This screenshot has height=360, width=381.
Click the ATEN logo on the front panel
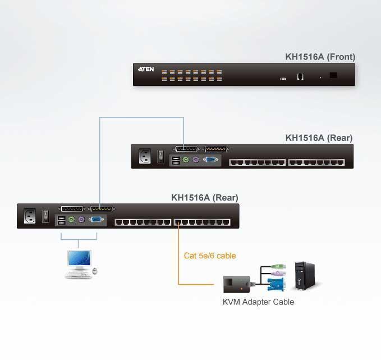tap(146, 69)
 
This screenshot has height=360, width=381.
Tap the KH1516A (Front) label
tap(320, 57)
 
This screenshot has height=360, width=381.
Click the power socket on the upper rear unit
tap(145, 156)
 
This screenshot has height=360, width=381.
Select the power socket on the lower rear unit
tap(30, 216)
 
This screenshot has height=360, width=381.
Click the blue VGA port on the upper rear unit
tap(210, 160)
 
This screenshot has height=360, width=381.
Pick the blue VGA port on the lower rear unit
tap(96, 220)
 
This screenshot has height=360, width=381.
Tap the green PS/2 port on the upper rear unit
tap(186, 160)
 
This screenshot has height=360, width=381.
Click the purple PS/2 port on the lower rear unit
tap(81, 220)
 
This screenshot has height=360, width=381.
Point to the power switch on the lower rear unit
tap(45, 216)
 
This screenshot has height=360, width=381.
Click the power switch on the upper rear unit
tap(160, 156)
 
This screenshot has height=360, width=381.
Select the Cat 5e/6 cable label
tap(210, 256)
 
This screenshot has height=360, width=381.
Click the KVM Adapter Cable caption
tap(258, 302)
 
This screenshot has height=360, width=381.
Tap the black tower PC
tap(305, 276)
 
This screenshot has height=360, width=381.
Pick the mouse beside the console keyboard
tap(95, 271)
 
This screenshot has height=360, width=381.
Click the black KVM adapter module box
tap(237, 284)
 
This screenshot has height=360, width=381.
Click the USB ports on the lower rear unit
tap(61, 220)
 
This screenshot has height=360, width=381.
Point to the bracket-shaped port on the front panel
tap(300, 76)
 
